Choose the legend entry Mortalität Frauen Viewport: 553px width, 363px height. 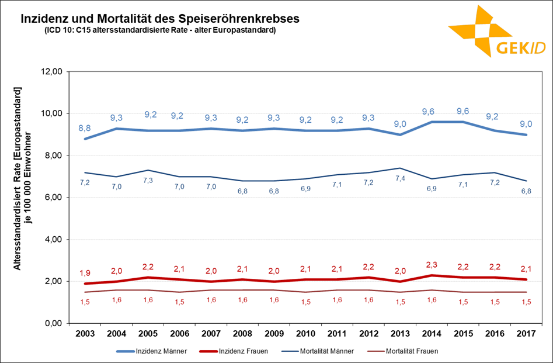tap(411, 351)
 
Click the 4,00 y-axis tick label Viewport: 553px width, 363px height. tap(51, 240)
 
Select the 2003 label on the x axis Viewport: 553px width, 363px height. tap(85, 334)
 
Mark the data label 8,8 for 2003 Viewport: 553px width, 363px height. tap(85, 127)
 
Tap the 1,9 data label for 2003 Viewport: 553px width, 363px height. tap(85, 272)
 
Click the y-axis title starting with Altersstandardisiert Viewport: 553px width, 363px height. tap(22, 178)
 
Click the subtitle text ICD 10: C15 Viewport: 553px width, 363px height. tap(159, 30)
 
